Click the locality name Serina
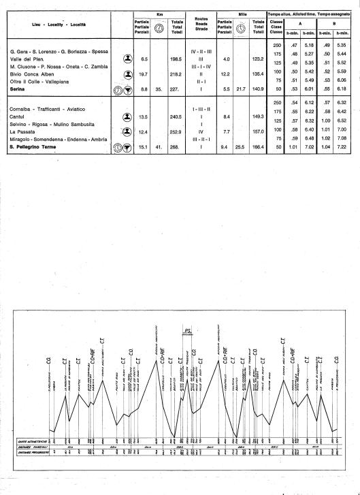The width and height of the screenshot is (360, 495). [x=18, y=88]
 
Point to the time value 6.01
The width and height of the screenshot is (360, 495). [x=308, y=88]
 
